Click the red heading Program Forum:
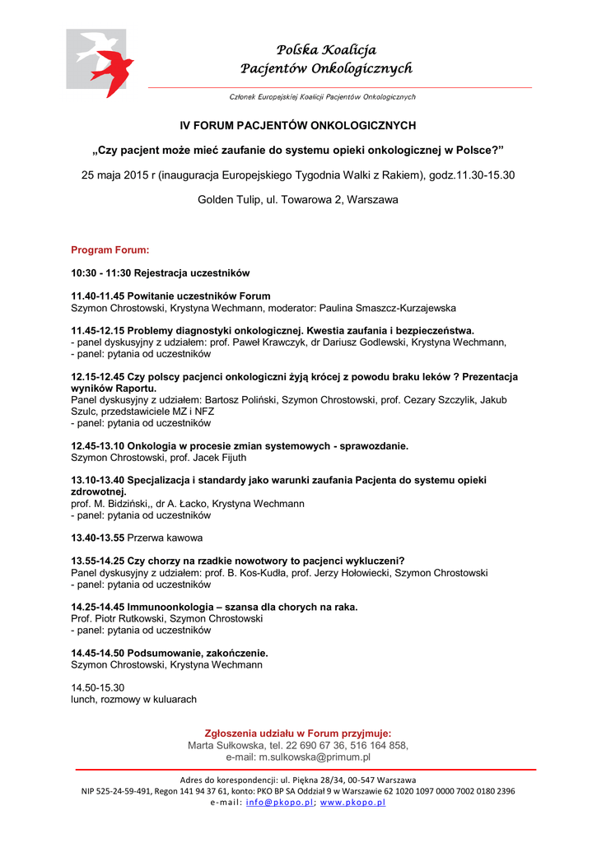click(110, 249)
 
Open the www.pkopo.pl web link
click(352, 802)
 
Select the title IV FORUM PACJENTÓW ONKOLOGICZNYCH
click(298, 126)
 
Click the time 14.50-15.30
click(98, 687)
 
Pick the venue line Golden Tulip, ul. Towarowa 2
click(298, 200)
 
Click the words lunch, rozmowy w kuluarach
click(134, 699)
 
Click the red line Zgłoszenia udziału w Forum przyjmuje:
click(298, 733)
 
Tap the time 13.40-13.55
click(98, 538)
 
